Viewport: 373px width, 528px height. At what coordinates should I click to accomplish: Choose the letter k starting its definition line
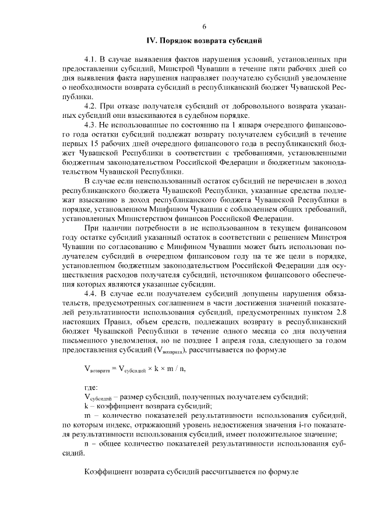pos(86,405)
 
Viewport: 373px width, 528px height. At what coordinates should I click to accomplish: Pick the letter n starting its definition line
pos(86,443)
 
